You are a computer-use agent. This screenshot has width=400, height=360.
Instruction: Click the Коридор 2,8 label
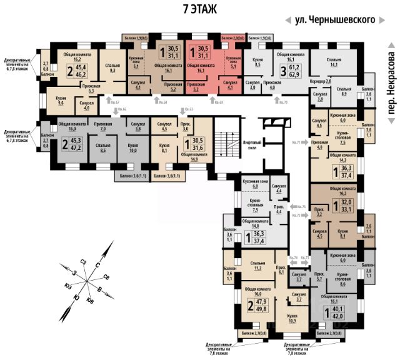coord(321,82)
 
